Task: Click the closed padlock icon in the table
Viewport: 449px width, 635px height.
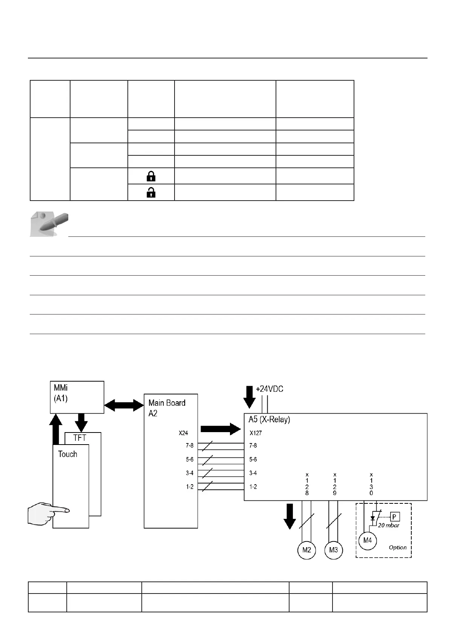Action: pyautogui.click(x=151, y=176)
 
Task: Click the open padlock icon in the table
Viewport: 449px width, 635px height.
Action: pyautogui.click(x=151, y=193)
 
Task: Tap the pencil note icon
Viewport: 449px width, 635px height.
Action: pyautogui.click(x=49, y=224)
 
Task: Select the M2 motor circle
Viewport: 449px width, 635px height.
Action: pyautogui.click(x=306, y=550)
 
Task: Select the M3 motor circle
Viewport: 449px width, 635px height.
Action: pyautogui.click(x=334, y=550)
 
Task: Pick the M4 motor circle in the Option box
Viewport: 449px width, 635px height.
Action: pyautogui.click(x=367, y=540)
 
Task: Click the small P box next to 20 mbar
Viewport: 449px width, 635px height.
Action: pyautogui.click(x=394, y=517)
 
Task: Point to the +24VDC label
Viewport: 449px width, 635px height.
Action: pyautogui.click(x=270, y=389)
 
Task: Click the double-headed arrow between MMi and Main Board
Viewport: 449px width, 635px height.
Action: pyautogui.click(x=124, y=405)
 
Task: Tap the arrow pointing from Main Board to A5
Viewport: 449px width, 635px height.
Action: pyautogui.click(x=221, y=429)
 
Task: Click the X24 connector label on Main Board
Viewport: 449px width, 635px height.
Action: pyautogui.click(x=183, y=433)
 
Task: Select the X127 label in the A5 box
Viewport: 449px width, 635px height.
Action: pyautogui.click(x=256, y=433)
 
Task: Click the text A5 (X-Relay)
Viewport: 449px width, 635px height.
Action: pyautogui.click(x=269, y=419)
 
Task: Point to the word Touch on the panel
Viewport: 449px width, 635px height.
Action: pyautogui.click(x=67, y=454)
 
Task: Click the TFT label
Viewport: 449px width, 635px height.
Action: pyautogui.click(x=80, y=438)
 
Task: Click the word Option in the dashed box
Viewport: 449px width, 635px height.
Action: pyautogui.click(x=398, y=548)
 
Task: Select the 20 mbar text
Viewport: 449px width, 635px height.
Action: pyautogui.click(x=388, y=525)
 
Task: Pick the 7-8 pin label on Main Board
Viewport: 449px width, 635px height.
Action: pyautogui.click(x=190, y=446)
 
